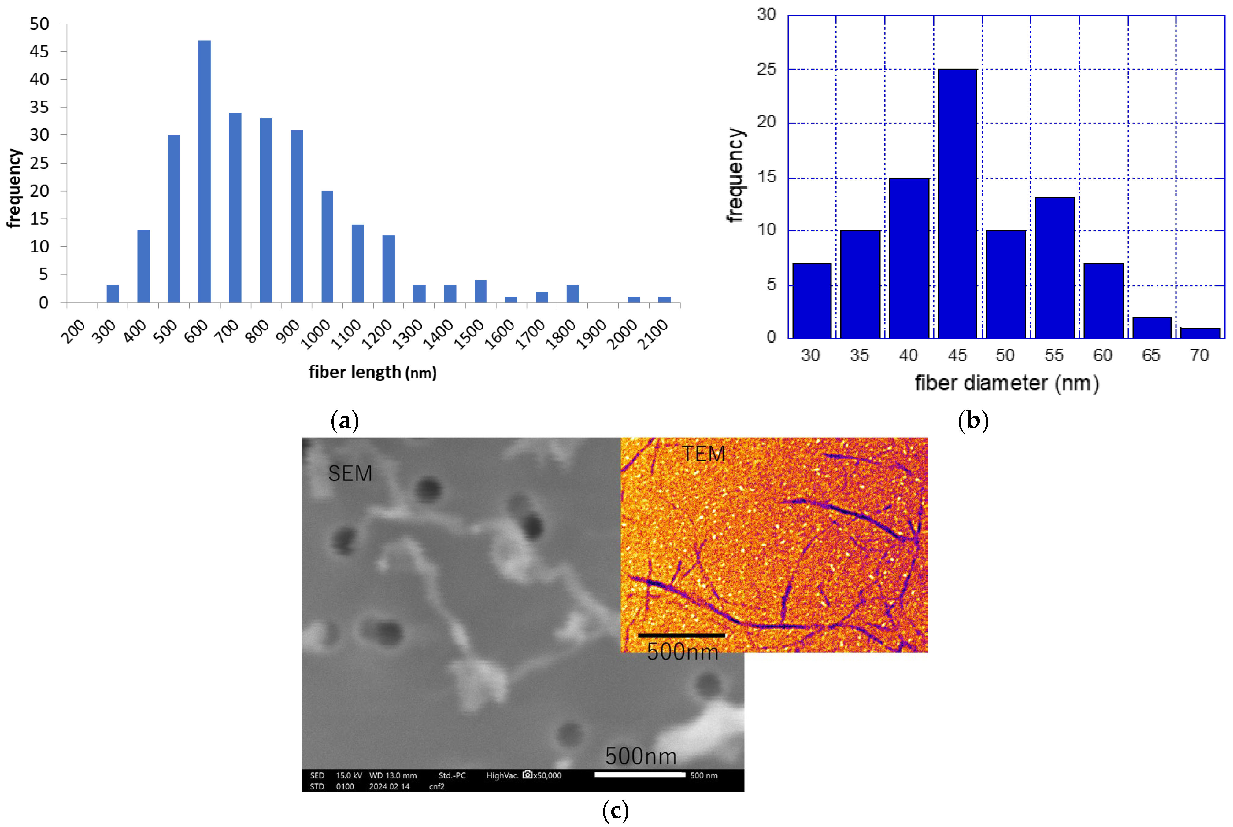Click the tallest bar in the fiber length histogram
tap(204, 171)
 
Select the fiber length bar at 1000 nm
tap(327, 246)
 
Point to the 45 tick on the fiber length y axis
tap(39, 52)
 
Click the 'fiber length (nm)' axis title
tap(372, 372)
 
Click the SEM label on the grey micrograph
tap(350, 473)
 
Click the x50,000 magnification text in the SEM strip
tap(547, 775)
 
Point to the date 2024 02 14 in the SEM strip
tap(389, 786)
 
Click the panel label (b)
tap(972, 420)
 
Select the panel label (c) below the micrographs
tap(615, 811)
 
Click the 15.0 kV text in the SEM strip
tap(349, 775)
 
